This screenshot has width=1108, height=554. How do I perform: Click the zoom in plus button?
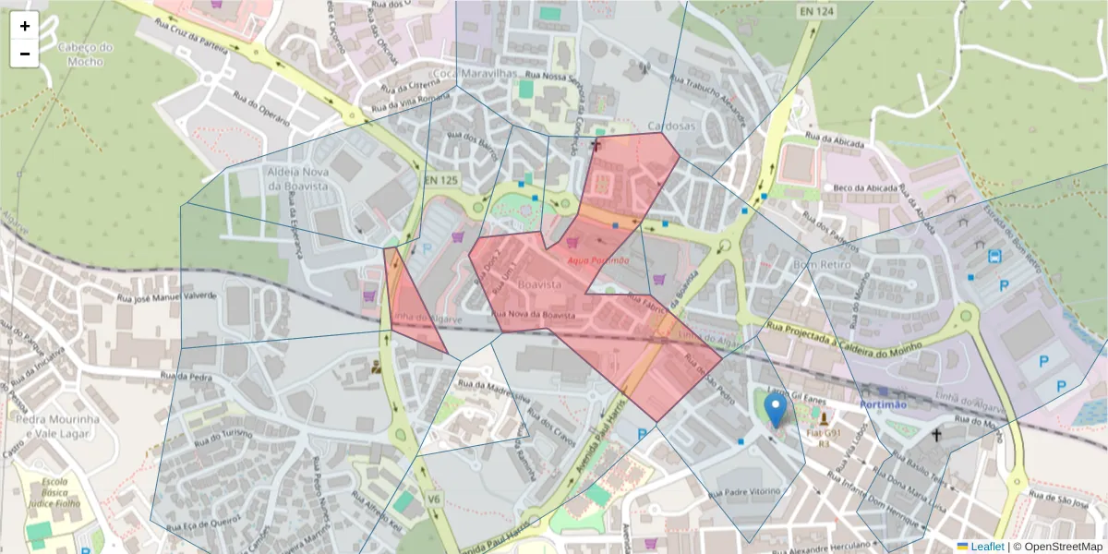pos(25,26)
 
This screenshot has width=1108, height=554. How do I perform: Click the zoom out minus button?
pos(25,54)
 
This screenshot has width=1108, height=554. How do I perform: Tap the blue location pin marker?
pos(777,410)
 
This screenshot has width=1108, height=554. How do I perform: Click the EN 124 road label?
pos(817,11)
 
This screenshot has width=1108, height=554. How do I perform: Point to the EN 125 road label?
pos(440,179)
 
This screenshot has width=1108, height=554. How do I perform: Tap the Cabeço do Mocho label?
pos(84,54)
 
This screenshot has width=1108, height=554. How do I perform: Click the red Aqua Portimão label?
pos(597,260)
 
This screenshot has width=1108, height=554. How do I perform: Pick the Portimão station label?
pos(885,405)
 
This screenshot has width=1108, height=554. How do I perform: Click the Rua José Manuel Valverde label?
pos(166,297)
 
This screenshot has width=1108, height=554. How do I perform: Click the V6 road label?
pos(433,499)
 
